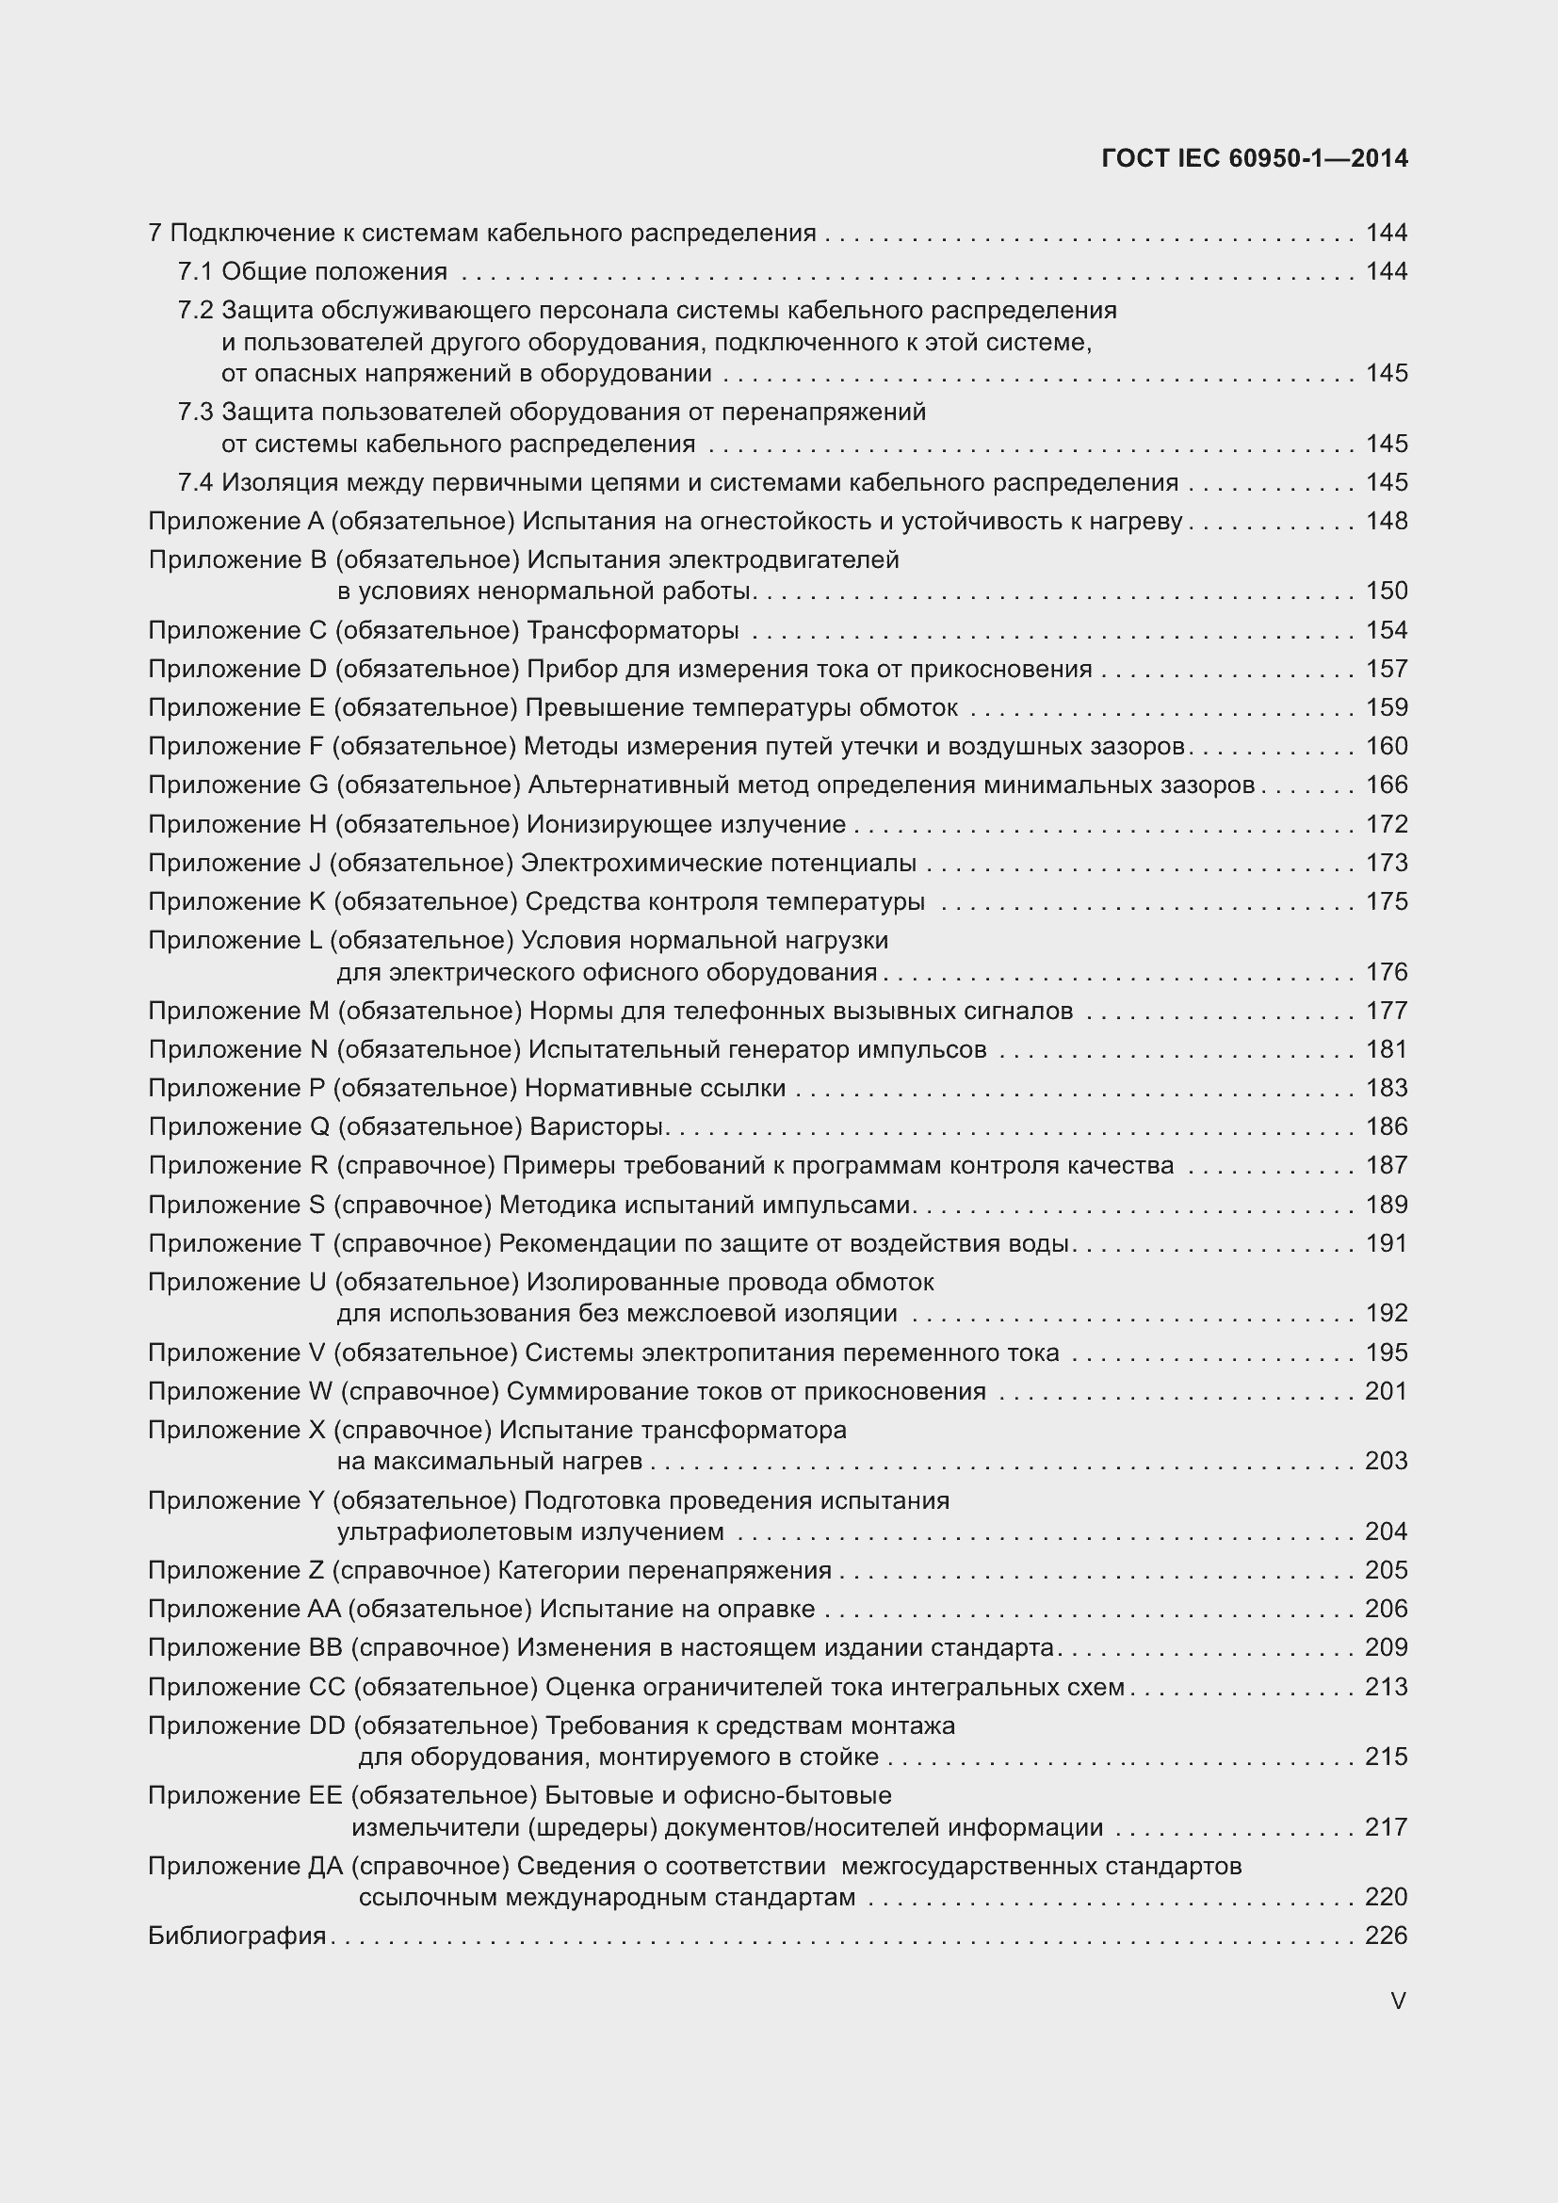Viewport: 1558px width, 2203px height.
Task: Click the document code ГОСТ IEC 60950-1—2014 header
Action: click(x=1254, y=158)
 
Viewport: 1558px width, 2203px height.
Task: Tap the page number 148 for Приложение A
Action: click(x=1387, y=521)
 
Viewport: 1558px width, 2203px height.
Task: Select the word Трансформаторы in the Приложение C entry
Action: click(x=633, y=630)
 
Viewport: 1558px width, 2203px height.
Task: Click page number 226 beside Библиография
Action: click(x=1387, y=1936)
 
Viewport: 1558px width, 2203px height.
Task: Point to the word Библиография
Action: click(x=237, y=1936)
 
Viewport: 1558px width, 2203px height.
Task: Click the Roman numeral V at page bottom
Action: click(x=1398, y=2001)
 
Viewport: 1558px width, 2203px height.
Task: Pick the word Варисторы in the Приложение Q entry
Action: click(x=596, y=1126)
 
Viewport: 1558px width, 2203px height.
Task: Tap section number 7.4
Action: click(x=195, y=482)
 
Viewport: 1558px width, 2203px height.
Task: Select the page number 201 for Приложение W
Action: click(x=1387, y=1391)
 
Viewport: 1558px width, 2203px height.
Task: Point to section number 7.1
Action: click(x=195, y=271)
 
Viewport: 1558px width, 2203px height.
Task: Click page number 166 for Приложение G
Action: click(x=1387, y=785)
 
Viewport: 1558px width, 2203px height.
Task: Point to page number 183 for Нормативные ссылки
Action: click(x=1387, y=1088)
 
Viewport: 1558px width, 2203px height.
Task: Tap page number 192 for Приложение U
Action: click(x=1387, y=1313)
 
